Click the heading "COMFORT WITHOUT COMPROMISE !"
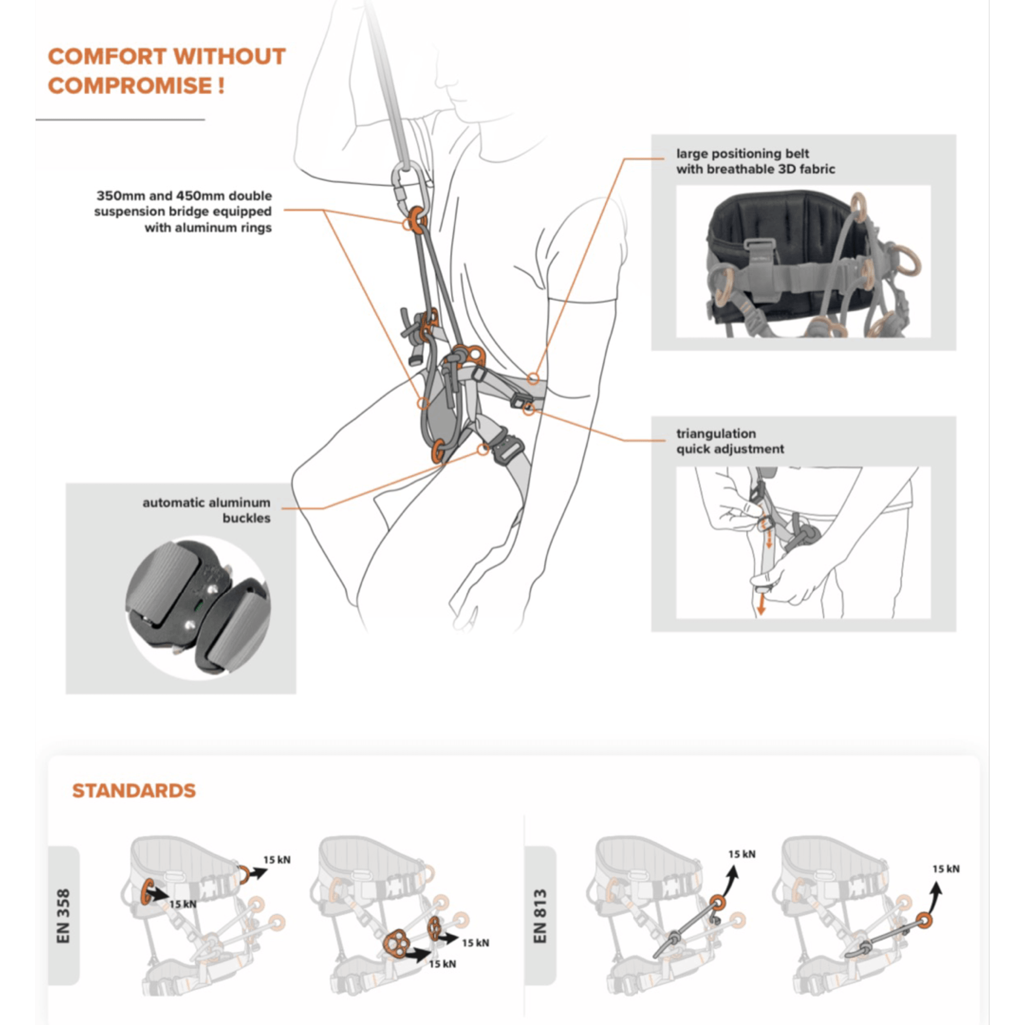[167, 71]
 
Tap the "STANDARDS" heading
[134, 791]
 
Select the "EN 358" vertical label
[63, 916]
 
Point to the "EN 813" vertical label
[540, 916]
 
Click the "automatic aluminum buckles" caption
[206, 510]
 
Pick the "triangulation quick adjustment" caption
[729, 441]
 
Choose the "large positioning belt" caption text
[742, 154]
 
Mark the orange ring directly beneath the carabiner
[417, 217]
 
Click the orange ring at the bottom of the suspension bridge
[438, 450]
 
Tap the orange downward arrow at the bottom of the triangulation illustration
[761, 605]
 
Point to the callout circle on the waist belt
[533, 379]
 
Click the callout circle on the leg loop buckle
[482, 449]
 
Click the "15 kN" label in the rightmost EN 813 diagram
[946, 868]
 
